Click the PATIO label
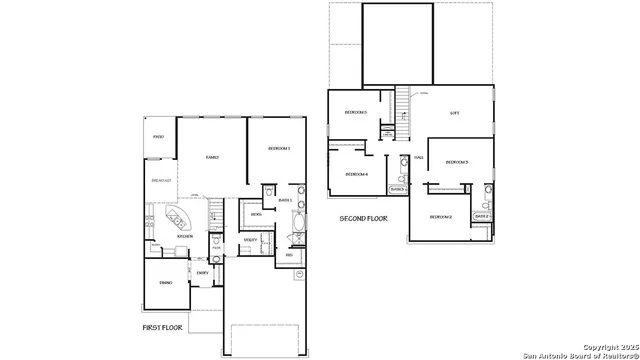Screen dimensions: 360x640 [x=158, y=137]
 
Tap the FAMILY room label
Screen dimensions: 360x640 [x=212, y=157]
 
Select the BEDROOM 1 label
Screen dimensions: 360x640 [x=279, y=148]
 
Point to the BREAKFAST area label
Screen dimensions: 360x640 [x=161, y=180]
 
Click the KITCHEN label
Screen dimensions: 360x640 [x=157, y=236]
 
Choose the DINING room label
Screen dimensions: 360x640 [x=165, y=283]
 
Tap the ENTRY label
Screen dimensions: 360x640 [x=202, y=273]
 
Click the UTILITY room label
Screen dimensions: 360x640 [x=249, y=240]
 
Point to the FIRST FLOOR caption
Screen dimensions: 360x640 [x=163, y=327]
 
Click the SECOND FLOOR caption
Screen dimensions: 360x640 [x=363, y=217]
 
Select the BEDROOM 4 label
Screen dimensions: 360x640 [x=357, y=174]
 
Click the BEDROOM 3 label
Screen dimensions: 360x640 [x=457, y=161]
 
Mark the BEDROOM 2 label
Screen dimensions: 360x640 [x=441, y=216]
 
